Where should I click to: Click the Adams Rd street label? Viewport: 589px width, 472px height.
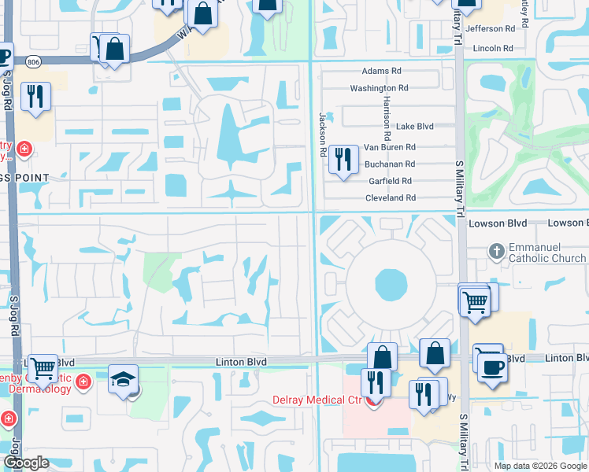[381, 72]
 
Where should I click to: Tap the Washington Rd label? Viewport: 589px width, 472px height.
[380, 89]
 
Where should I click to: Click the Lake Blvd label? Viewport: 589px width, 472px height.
[415, 127]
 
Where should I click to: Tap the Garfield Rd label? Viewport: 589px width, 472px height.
[389, 181]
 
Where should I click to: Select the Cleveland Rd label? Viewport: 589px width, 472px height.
[390, 198]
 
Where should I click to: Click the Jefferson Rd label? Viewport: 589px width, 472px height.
[490, 28]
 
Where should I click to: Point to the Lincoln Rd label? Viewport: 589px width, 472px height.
[494, 49]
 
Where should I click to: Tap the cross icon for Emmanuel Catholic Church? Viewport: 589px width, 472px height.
[496, 252]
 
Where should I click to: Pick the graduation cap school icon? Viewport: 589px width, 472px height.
[123, 379]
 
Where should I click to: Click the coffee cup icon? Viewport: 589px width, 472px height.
[493, 367]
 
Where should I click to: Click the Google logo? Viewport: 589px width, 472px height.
[26, 463]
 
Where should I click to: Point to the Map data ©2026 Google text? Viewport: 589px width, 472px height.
[539, 466]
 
